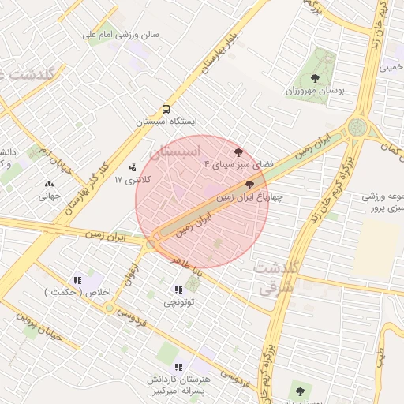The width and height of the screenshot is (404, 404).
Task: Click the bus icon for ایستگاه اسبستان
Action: tap(166, 110)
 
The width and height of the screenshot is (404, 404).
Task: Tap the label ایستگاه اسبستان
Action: tap(166, 122)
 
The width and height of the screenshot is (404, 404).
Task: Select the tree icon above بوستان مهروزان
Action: tap(316, 78)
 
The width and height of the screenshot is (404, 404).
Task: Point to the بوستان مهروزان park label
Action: tap(316, 91)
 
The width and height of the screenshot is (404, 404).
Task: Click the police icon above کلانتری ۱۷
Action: tap(132, 167)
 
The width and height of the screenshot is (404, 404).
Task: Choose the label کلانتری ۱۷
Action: tap(131, 181)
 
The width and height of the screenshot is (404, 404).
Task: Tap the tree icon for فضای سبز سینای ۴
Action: tap(238, 151)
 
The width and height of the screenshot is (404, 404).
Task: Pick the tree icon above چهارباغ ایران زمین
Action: tap(250, 185)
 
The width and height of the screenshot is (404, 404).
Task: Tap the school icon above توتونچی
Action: tap(178, 290)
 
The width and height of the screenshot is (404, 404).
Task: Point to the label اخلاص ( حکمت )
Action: tap(78, 293)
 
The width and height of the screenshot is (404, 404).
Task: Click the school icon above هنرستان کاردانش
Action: tap(178, 367)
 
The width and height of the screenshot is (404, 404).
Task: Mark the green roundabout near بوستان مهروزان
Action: tap(357, 126)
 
